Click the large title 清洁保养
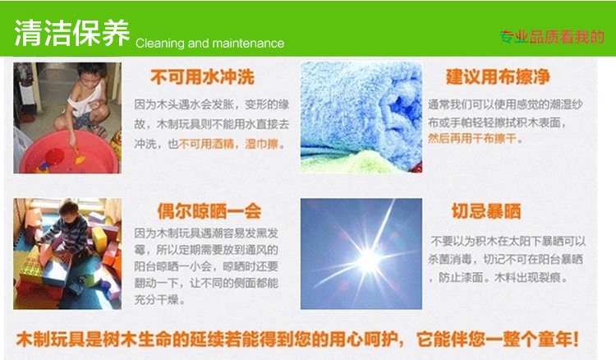[72, 33]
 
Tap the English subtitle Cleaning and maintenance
[209, 44]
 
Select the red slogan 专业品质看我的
[552, 37]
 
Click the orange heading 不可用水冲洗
[202, 77]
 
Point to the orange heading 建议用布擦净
[498, 76]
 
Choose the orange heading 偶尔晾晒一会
[209, 211]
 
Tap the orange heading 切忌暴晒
[486, 211]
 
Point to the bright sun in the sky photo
[369, 260]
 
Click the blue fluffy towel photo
[361, 117]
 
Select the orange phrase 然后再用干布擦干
[472, 138]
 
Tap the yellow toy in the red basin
[80, 158]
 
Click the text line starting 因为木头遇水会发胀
[212, 104]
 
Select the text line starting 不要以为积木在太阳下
[508, 241]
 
